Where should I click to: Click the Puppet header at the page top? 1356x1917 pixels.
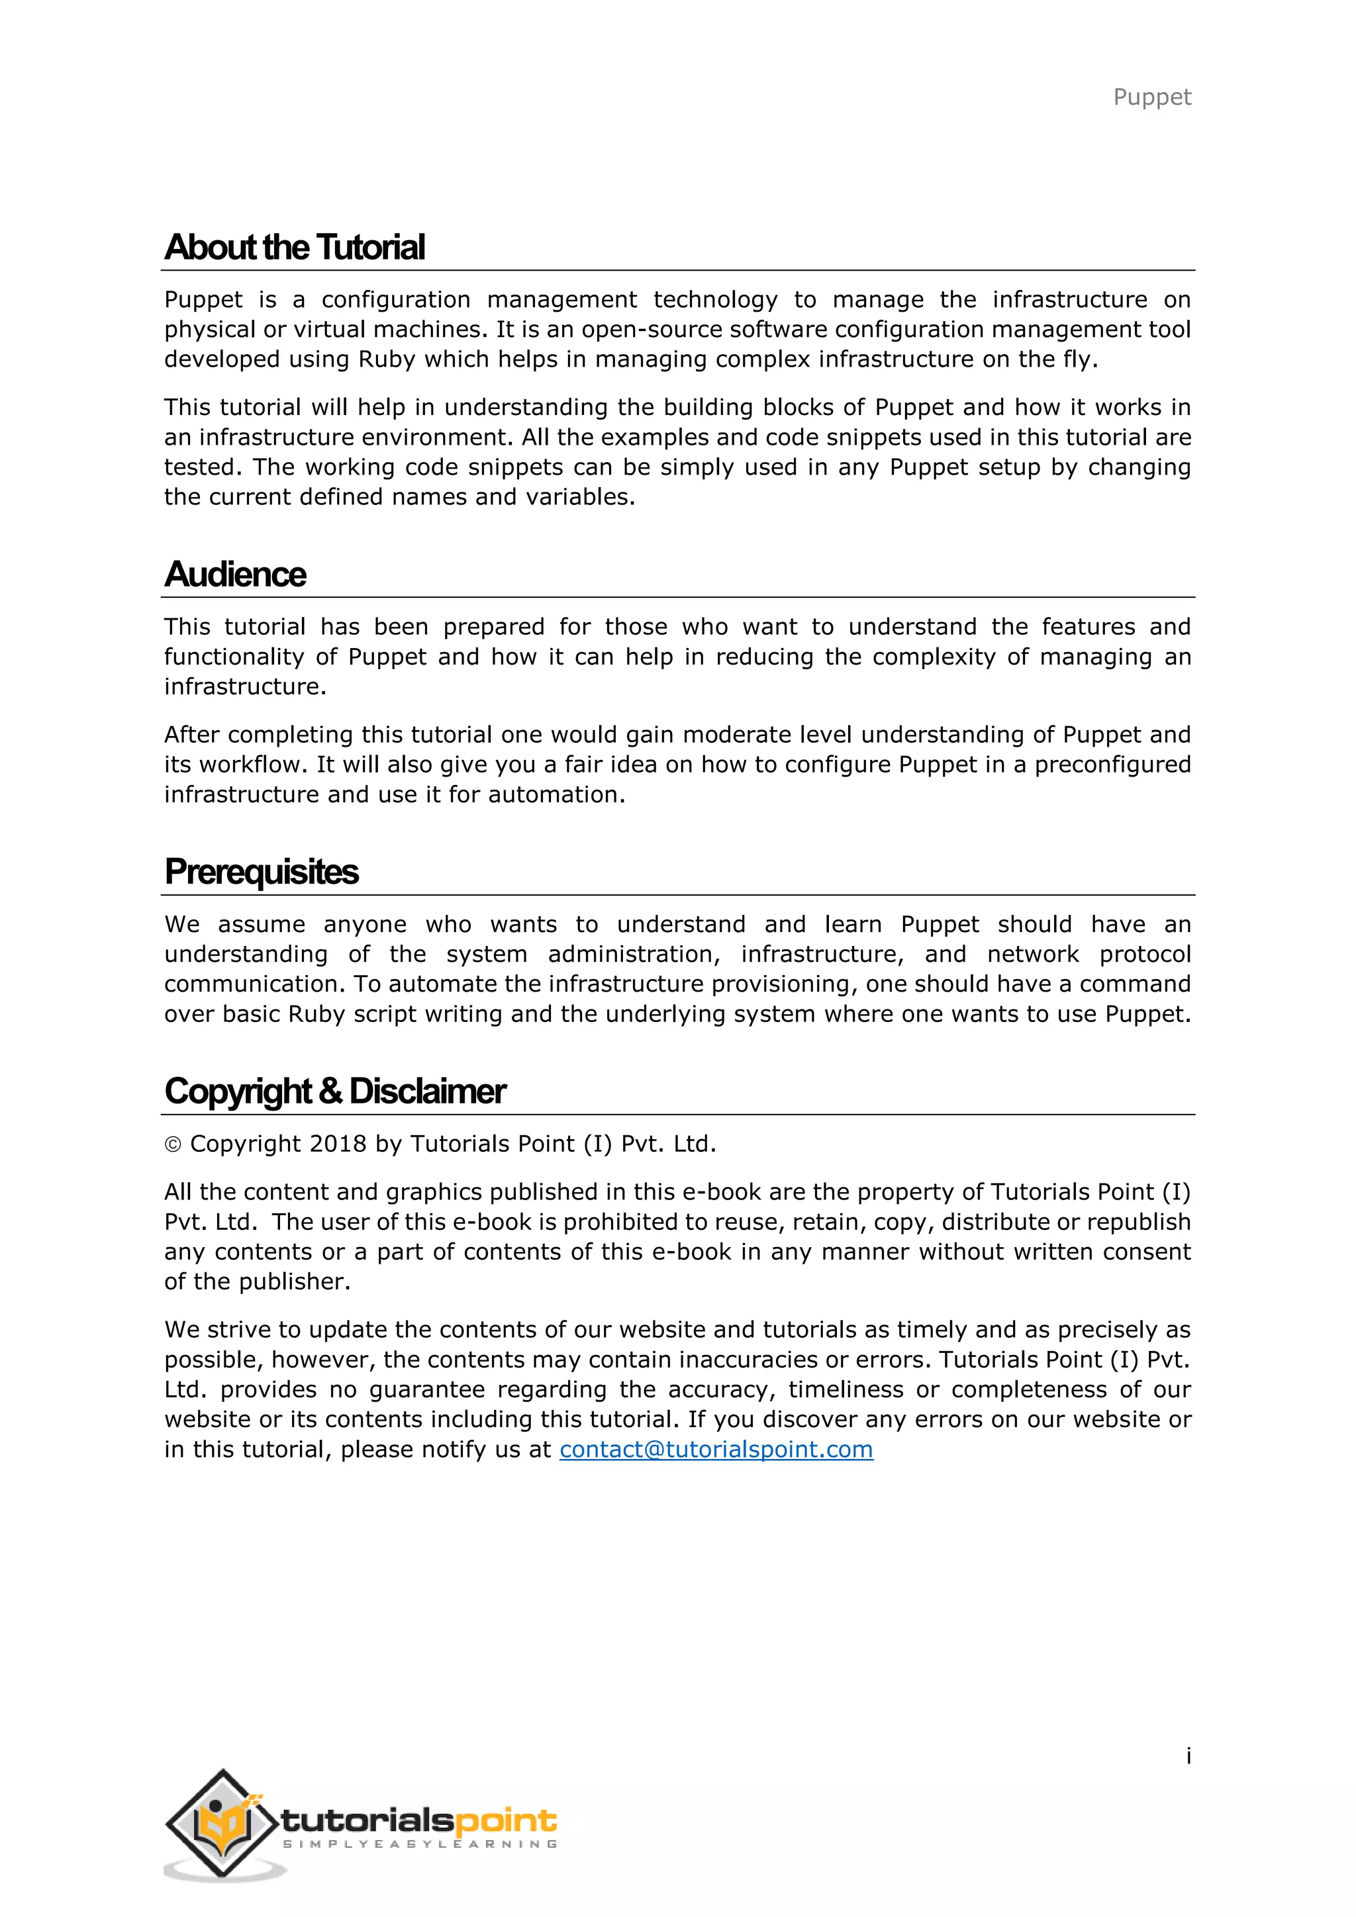(1151, 98)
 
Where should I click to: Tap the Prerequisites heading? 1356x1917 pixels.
(262, 872)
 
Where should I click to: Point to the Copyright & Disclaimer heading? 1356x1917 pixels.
(335, 1092)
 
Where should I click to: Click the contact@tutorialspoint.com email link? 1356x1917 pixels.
(716, 1450)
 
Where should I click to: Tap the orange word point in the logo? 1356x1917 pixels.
(505, 1820)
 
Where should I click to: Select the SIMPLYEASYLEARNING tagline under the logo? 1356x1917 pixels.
(420, 1844)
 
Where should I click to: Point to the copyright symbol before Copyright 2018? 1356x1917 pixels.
(173, 1145)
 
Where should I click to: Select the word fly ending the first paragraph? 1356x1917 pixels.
(1077, 360)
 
